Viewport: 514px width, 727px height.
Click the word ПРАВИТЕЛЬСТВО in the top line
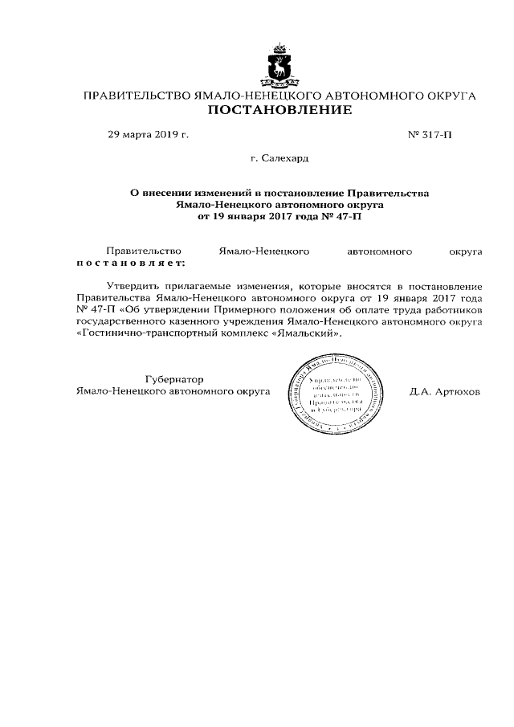tap(138, 96)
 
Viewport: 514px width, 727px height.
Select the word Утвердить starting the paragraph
tap(133, 286)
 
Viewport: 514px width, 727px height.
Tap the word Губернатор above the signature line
tap(174, 378)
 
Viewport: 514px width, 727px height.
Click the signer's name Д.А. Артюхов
tap(444, 392)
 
